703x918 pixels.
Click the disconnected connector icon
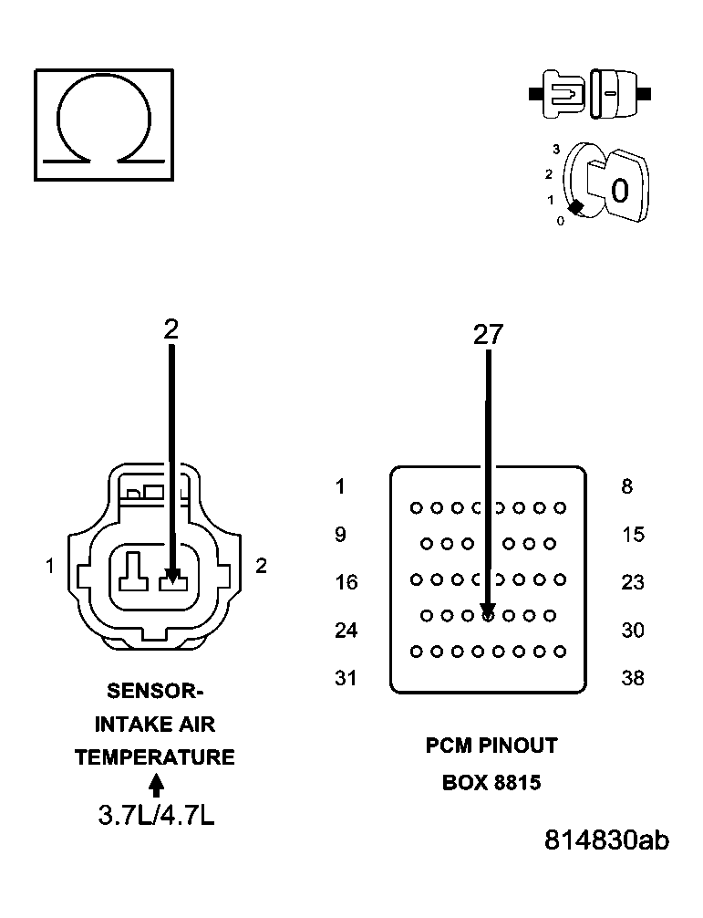pyautogui.click(x=590, y=93)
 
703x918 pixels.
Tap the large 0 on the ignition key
pyautogui.click(x=620, y=191)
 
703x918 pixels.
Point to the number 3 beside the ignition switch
pyautogui.click(x=555, y=148)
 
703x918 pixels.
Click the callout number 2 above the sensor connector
pyautogui.click(x=171, y=329)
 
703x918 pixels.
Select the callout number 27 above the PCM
pyautogui.click(x=488, y=335)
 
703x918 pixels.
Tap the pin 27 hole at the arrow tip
pyautogui.click(x=488, y=616)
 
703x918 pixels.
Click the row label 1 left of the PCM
pyautogui.click(x=340, y=487)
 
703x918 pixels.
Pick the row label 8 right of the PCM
pyautogui.click(x=627, y=487)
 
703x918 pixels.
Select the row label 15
pyautogui.click(x=633, y=535)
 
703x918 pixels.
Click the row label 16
pyautogui.click(x=346, y=582)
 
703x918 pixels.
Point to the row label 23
pyautogui.click(x=633, y=582)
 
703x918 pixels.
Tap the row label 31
pyautogui.click(x=346, y=678)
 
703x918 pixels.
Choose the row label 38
pyautogui.click(x=633, y=678)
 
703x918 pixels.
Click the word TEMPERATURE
pyautogui.click(x=155, y=757)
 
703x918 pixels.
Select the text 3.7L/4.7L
pyautogui.click(x=156, y=815)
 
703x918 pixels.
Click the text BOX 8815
pyautogui.click(x=491, y=783)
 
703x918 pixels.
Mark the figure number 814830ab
pyautogui.click(x=606, y=840)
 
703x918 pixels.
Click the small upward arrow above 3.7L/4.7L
pyautogui.click(x=156, y=785)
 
